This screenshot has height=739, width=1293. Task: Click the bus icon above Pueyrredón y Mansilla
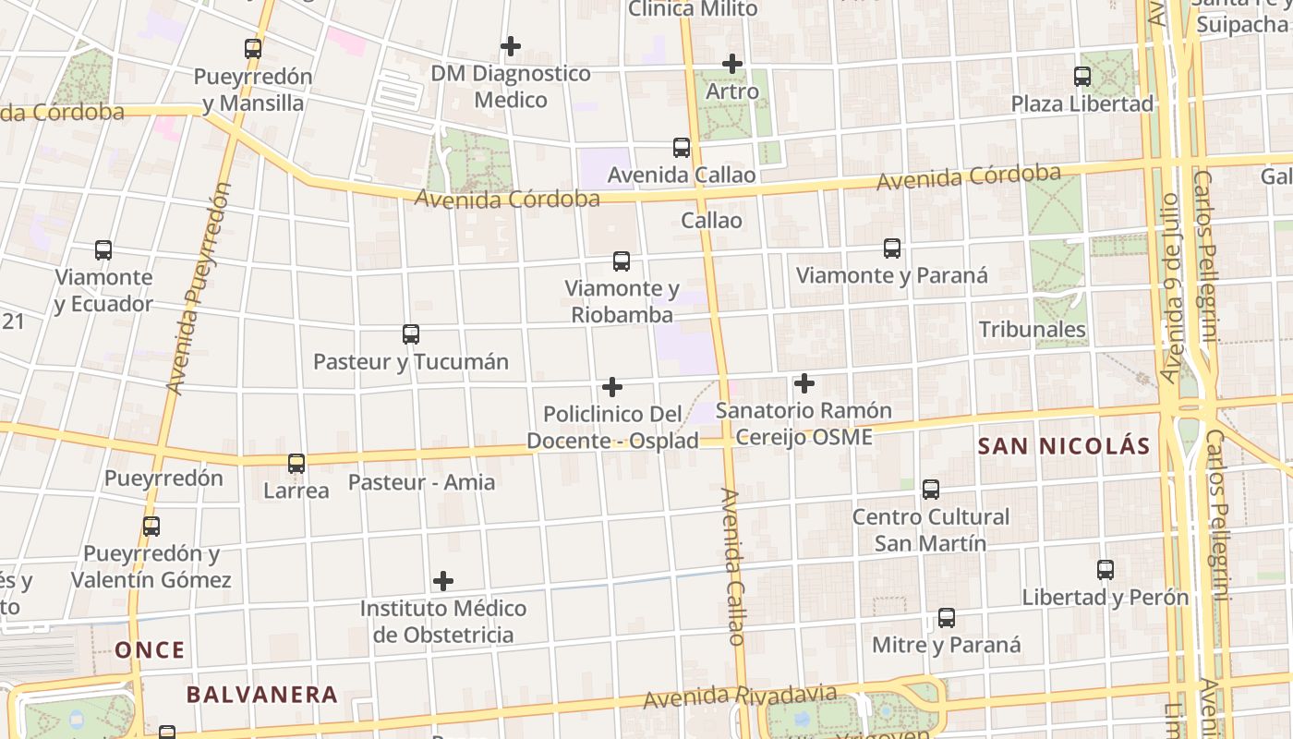click(253, 49)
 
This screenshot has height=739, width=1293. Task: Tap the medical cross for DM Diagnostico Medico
click(511, 45)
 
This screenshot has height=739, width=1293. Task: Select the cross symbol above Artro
click(732, 64)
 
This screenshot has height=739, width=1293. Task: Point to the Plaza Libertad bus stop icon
click(1082, 77)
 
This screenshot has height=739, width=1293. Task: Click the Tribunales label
click(1032, 330)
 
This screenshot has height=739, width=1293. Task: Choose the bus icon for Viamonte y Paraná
click(892, 248)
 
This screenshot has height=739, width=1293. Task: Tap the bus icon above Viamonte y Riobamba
click(622, 261)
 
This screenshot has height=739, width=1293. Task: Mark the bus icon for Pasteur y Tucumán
click(411, 334)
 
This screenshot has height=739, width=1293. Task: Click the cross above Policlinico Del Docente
click(611, 387)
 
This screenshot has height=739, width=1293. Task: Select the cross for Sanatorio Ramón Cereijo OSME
click(804, 382)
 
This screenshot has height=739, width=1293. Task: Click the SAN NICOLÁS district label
click(1064, 447)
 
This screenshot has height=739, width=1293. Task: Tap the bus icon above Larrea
click(296, 464)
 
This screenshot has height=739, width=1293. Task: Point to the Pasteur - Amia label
click(421, 482)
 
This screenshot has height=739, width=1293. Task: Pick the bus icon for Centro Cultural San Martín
click(931, 490)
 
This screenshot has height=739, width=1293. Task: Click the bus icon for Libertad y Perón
click(1106, 570)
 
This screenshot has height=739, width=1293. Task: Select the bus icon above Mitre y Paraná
click(947, 618)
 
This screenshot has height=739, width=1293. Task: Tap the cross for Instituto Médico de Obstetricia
click(443, 581)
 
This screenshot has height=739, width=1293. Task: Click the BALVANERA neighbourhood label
click(262, 695)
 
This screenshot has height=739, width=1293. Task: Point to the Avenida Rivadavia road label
click(741, 697)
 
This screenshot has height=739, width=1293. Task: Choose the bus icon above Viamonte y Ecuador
click(103, 250)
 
